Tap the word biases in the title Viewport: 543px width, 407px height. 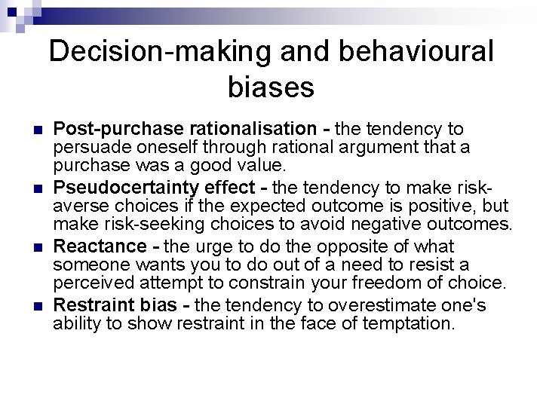pyautogui.click(x=271, y=87)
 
